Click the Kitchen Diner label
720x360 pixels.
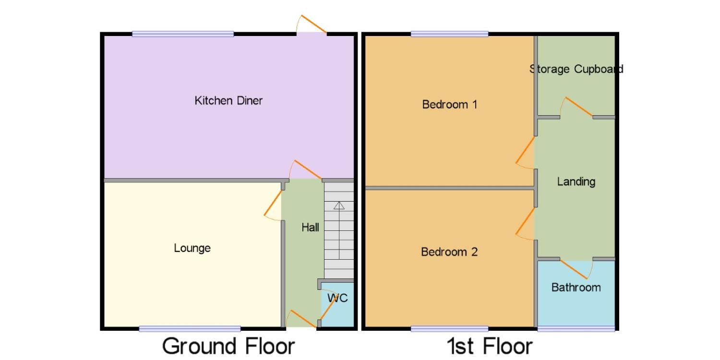(228, 101)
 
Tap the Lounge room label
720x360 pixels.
(192, 248)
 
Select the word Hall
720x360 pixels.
(310, 228)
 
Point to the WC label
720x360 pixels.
(337, 298)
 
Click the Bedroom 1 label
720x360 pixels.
(449, 105)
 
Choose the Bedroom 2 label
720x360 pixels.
(449, 252)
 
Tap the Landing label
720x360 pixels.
(576, 182)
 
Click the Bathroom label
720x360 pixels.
(576, 288)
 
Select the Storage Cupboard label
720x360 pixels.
(576, 69)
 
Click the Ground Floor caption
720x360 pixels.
(228, 346)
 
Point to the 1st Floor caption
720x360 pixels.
(490, 346)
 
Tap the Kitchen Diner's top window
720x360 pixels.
(183, 34)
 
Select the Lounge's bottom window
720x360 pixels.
(190, 328)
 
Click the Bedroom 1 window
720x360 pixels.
(450, 34)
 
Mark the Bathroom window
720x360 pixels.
(576, 328)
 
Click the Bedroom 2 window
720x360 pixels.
(450, 328)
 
